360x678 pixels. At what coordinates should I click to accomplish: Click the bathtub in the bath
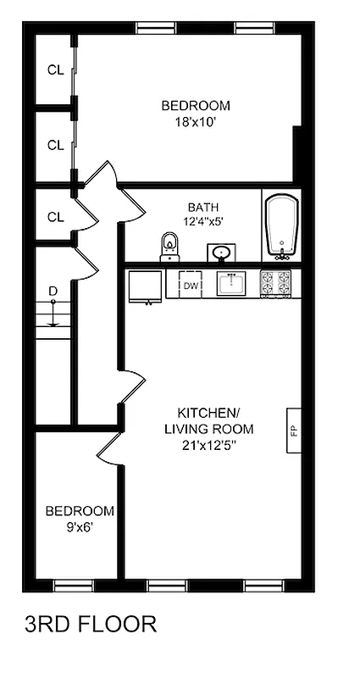pos(281,225)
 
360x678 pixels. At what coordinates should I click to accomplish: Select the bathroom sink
pos(223,252)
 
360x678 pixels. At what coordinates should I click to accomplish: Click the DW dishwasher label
pos(191,286)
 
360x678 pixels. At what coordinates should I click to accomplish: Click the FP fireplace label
pos(294,431)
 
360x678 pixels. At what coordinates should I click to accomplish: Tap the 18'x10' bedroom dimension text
pos(196,121)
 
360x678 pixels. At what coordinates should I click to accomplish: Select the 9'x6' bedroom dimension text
pos(79,526)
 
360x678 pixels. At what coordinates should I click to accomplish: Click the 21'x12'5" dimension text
pos(208,445)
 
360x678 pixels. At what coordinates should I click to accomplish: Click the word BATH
pos(203,207)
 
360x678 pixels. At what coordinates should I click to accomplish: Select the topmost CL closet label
pos(55,70)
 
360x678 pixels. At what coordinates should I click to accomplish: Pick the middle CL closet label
pos(55,145)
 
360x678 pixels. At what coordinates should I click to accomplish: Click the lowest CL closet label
pos(55,217)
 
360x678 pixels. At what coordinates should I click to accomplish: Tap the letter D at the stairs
pos(53,292)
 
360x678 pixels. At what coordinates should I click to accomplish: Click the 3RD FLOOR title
pos(91,625)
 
